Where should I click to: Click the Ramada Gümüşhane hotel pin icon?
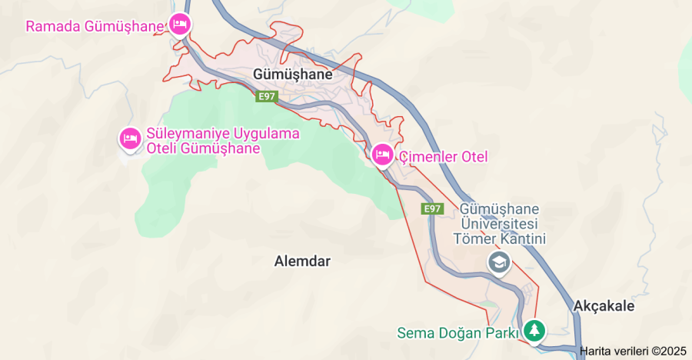point(180,25)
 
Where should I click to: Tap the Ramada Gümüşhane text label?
point(95,26)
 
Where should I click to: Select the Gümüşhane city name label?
point(293,75)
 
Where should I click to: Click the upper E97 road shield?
point(267,96)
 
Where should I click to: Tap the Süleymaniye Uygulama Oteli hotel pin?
point(128,138)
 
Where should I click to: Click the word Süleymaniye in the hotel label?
point(184,134)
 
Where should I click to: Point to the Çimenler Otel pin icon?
point(382,156)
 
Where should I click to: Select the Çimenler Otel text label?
point(443,157)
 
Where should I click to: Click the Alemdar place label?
point(302,261)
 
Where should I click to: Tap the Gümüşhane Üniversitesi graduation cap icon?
point(500,262)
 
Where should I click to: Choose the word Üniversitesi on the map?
point(500,224)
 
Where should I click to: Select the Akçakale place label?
point(604,306)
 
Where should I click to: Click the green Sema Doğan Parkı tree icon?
point(534,331)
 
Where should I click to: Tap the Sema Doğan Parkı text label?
point(458,333)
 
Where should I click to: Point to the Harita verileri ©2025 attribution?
point(632,351)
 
